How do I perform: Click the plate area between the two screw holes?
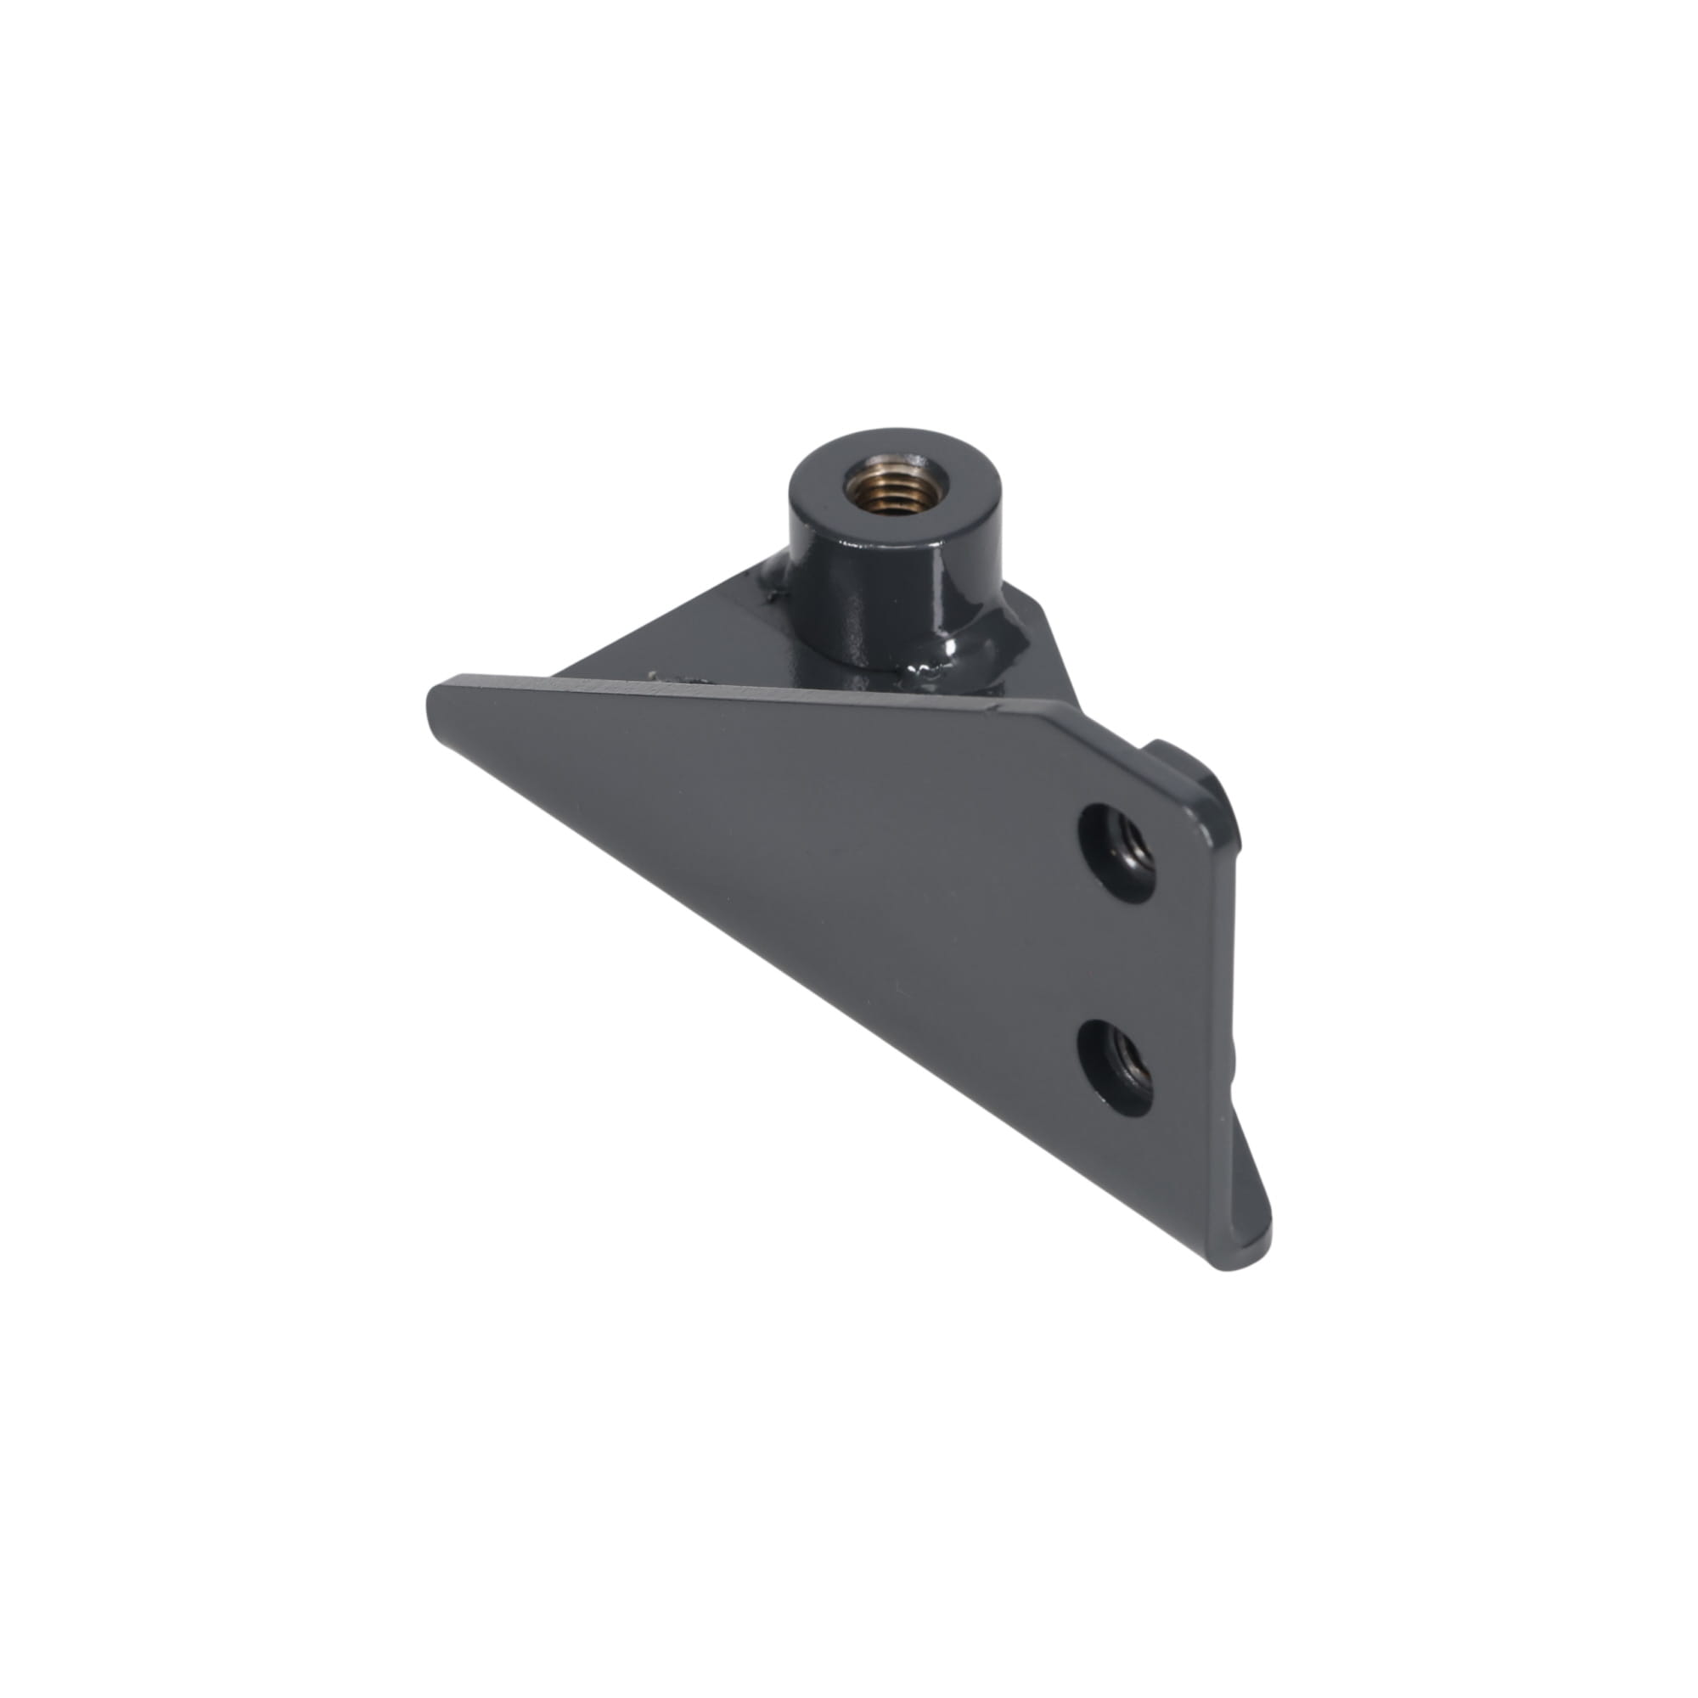(1116, 958)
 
